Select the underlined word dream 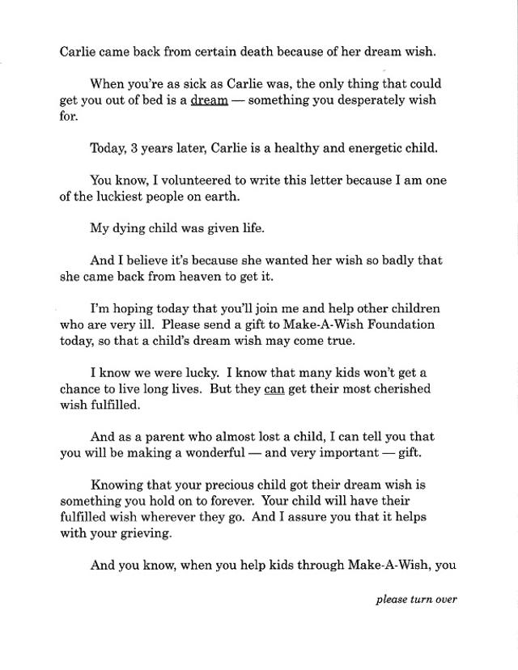click(x=209, y=100)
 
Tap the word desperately click(x=357, y=100)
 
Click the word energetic click(x=361, y=148)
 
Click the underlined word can click(x=274, y=388)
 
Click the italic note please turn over click(x=416, y=600)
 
